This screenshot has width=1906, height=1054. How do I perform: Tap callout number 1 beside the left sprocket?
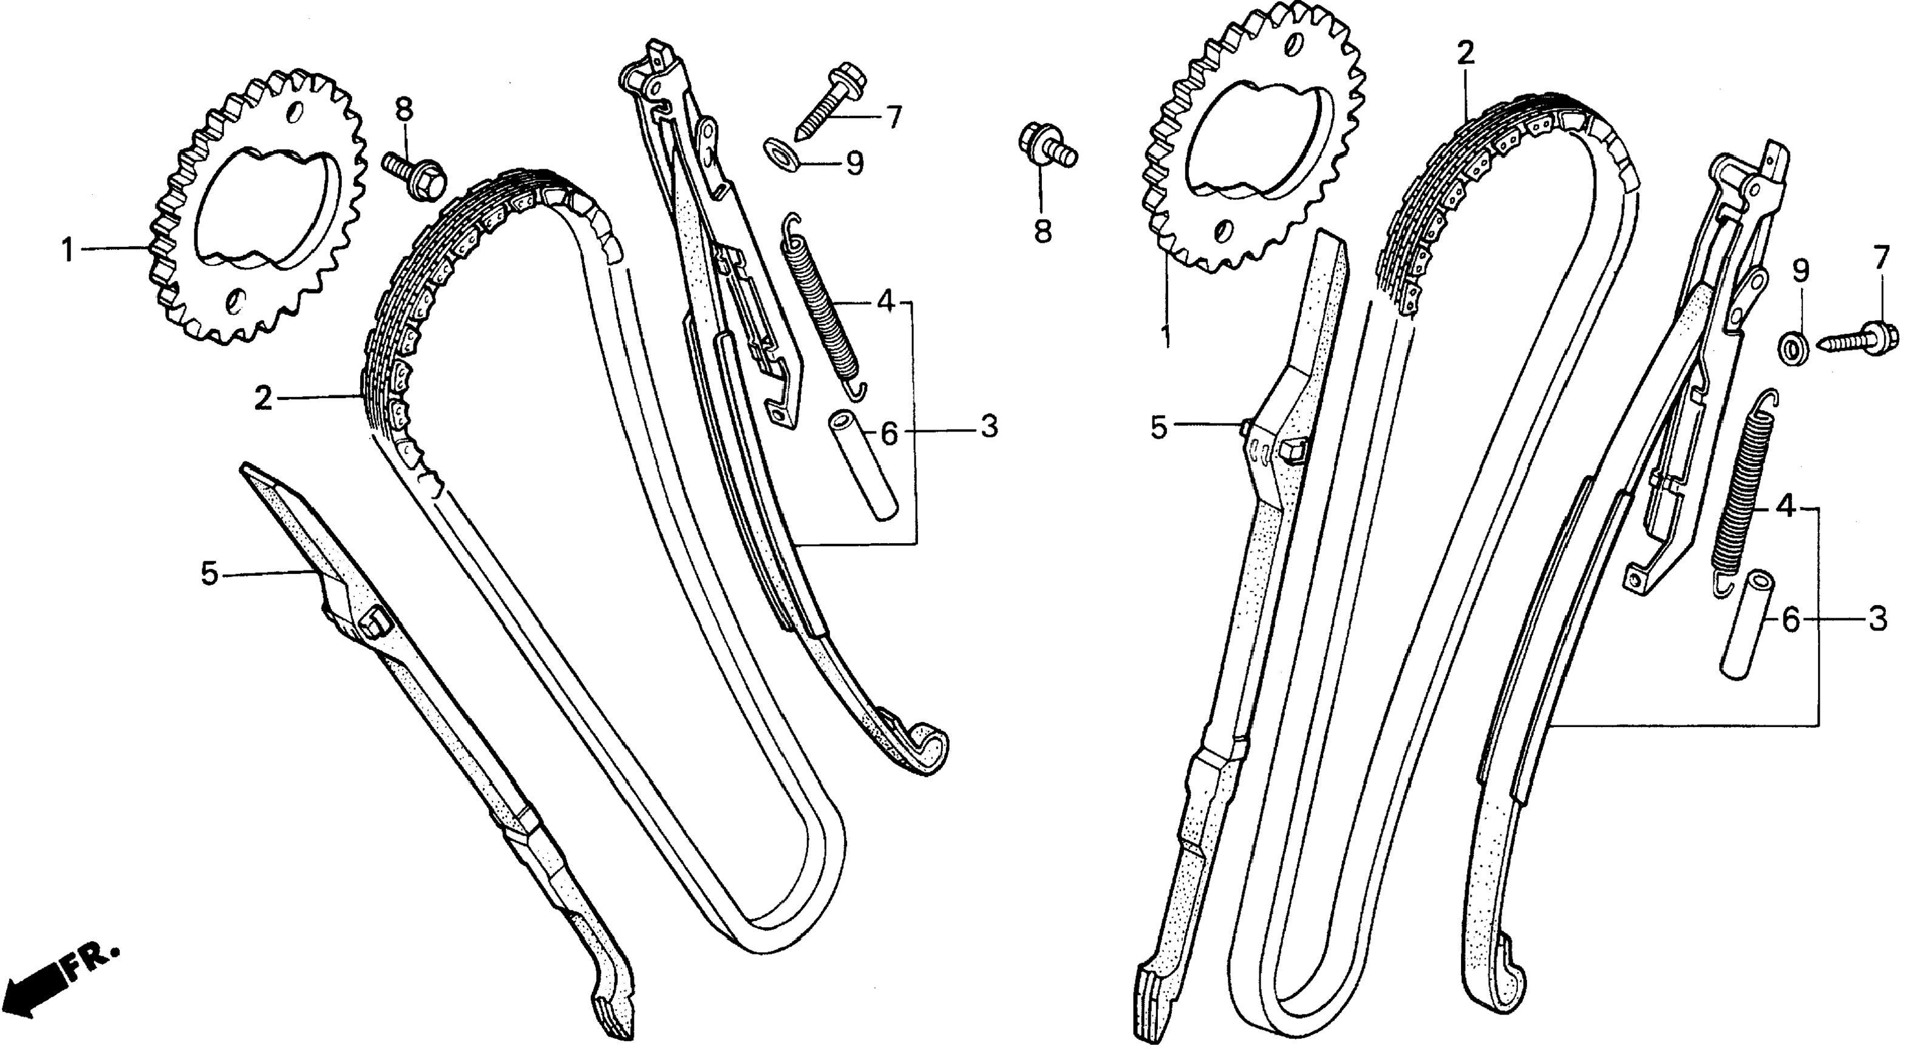point(68,251)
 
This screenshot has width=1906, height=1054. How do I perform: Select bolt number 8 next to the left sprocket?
point(412,173)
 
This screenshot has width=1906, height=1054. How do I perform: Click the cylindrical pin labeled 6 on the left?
point(863,467)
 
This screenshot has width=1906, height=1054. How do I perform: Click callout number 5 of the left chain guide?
point(210,573)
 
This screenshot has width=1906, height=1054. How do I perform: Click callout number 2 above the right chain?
point(1465,53)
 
